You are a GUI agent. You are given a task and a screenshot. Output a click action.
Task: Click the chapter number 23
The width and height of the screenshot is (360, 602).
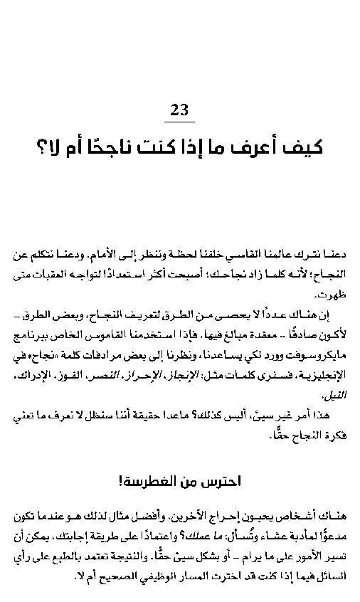point(179,110)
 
